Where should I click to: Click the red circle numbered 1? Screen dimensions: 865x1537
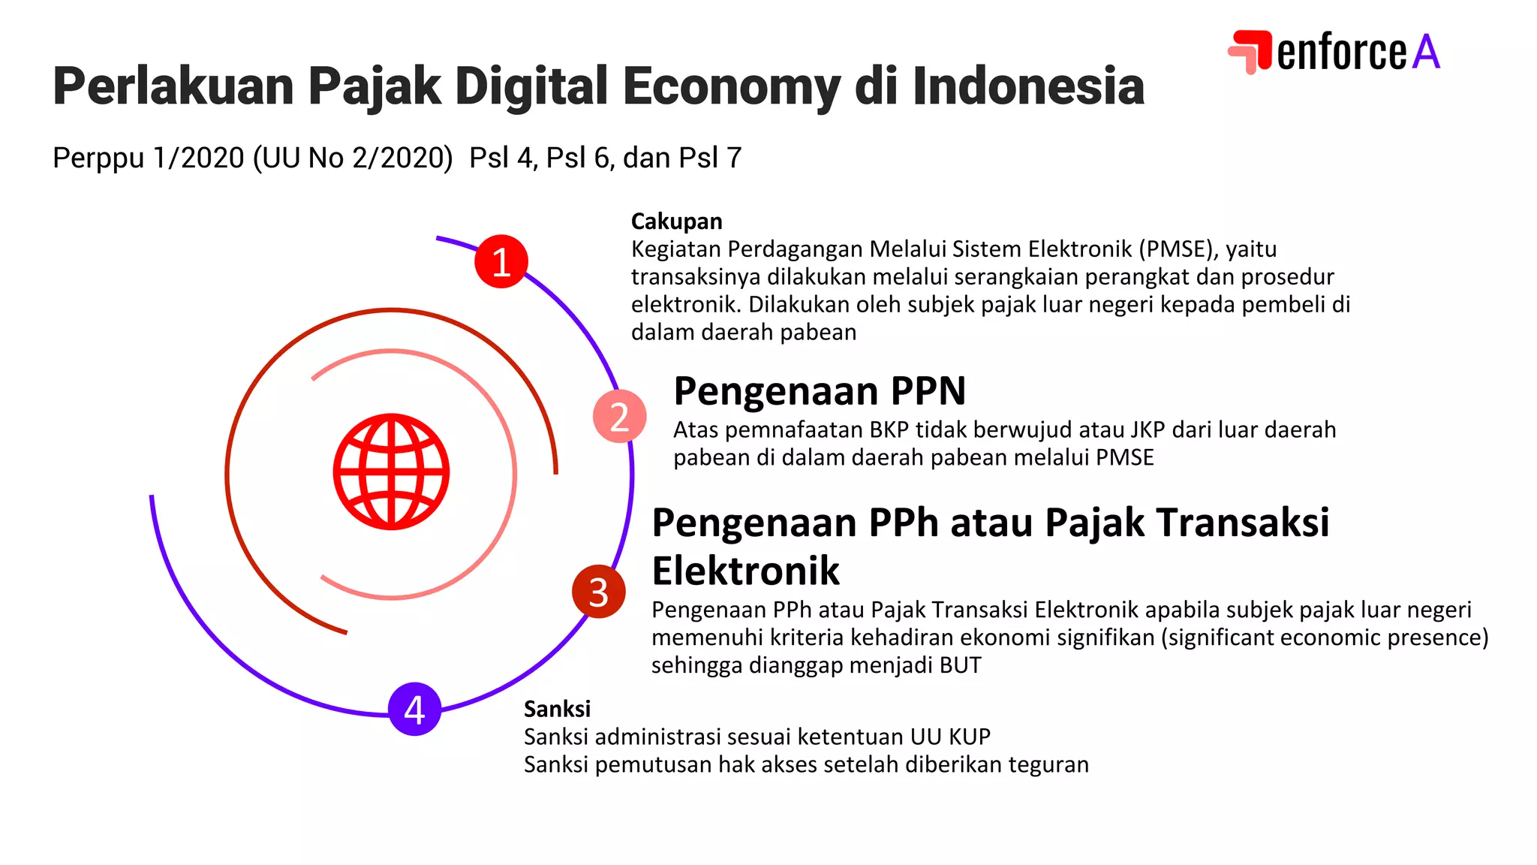[x=501, y=262]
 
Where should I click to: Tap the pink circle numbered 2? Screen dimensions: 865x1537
[x=619, y=416]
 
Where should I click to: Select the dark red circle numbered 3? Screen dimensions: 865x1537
[x=598, y=592]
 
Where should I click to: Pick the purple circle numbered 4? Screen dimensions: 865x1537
[x=414, y=709]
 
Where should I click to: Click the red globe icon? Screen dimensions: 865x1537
[x=391, y=472]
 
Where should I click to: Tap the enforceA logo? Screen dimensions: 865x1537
[x=1334, y=52]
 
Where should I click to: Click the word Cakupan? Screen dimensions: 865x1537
[x=676, y=222]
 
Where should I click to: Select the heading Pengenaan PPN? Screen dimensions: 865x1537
[x=819, y=391]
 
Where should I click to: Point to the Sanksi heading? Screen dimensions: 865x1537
[x=557, y=709]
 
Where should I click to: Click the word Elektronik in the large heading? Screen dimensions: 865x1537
[x=745, y=571]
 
